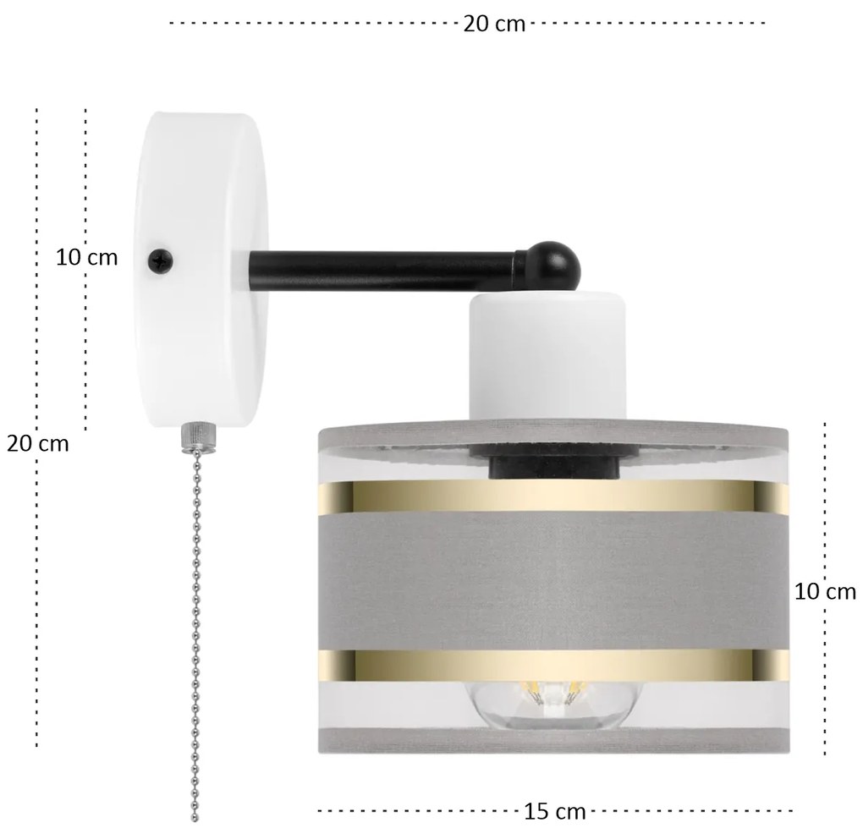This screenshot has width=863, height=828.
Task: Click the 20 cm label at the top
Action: click(494, 24)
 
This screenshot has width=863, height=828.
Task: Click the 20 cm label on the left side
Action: click(37, 443)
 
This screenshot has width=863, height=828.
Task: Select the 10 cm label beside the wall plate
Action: click(87, 257)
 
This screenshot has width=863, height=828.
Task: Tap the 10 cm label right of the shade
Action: click(825, 591)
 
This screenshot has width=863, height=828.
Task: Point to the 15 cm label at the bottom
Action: click(554, 811)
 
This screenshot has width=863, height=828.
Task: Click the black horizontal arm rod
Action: click(383, 271)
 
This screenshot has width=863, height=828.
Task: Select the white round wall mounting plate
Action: click(201, 271)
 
